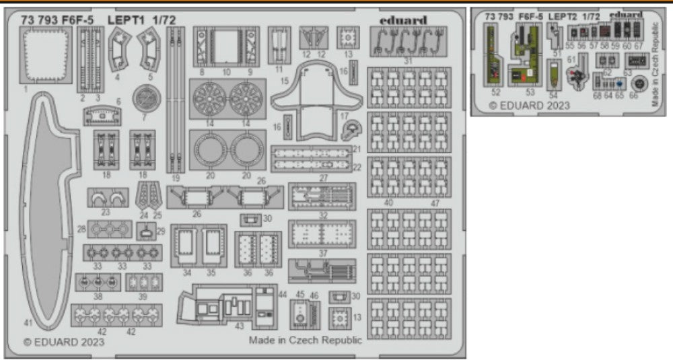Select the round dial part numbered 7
pos(144,98)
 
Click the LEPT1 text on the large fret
pos(124,20)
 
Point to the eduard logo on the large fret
pos(402,20)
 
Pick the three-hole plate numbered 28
pos(108,230)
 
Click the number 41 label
pos(28,324)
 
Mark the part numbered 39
pos(143,283)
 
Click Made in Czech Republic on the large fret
pos(305,340)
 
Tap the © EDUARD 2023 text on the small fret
pos(529,105)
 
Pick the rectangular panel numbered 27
pos(322,196)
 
